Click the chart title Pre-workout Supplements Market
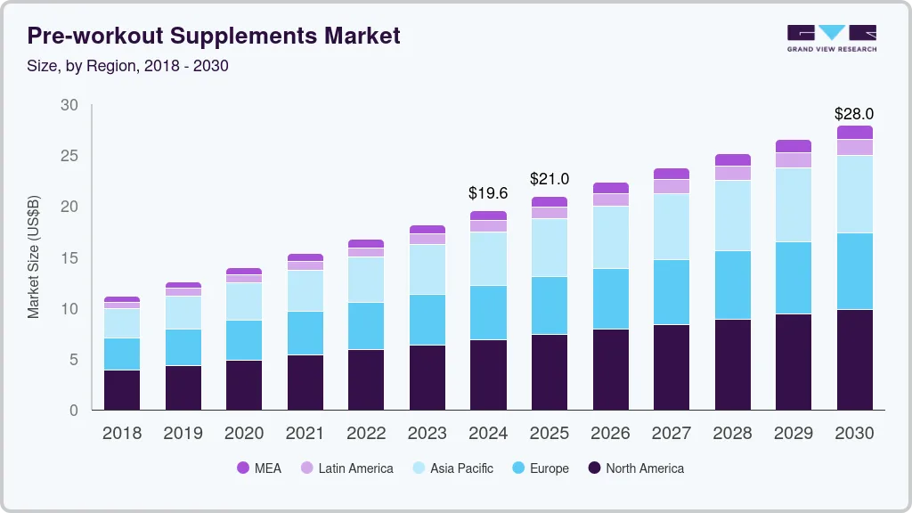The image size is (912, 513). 214,36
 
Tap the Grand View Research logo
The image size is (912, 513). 831,37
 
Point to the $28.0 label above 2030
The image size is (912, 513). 853,114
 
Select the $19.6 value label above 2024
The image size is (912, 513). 487,192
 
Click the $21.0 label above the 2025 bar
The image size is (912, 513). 549,179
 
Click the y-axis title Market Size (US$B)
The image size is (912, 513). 34,257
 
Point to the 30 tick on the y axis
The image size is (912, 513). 69,105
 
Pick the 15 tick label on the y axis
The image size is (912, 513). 69,258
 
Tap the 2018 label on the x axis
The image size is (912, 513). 121,433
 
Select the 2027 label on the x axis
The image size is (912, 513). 671,433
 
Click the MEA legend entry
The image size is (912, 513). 258,468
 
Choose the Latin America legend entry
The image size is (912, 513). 346,468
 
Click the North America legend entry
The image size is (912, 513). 635,468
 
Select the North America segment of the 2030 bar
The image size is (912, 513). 854,360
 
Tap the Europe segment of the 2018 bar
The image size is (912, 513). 121,354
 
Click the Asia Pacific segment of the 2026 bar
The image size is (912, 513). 610,237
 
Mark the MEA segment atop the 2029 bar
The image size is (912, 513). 793,146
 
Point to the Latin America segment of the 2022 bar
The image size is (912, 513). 365,252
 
